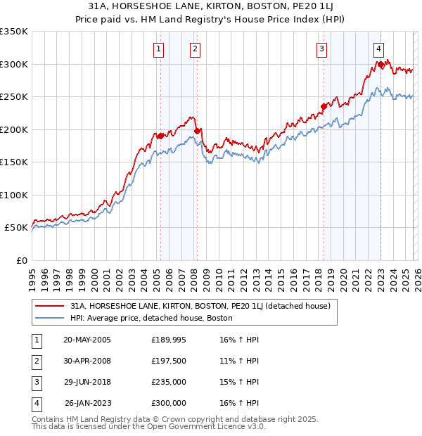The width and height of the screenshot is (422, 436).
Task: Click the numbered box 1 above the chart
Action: pyautogui.click(x=158, y=49)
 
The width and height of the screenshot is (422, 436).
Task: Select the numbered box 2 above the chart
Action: pyautogui.click(x=195, y=49)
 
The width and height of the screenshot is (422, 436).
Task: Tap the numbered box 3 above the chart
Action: pyautogui.click(x=321, y=49)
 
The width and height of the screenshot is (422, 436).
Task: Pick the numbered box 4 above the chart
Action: pyautogui.click(x=378, y=49)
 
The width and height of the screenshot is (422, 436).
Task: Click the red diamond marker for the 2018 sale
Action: pyautogui.click(x=324, y=107)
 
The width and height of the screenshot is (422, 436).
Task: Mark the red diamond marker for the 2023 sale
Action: pyautogui.click(x=381, y=65)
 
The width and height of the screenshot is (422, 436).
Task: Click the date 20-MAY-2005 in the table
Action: pyautogui.click(x=87, y=340)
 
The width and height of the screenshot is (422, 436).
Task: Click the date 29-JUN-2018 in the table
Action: pyautogui.click(x=87, y=382)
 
